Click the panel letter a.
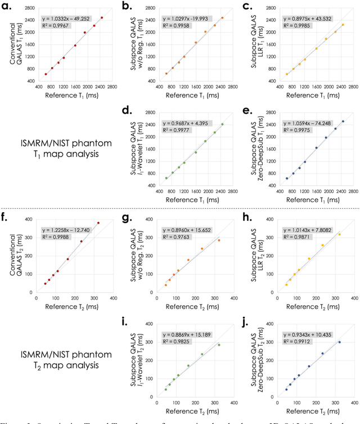tap(10, 7)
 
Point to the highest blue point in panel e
tap(343, 122)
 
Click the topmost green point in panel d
tap(222, 124)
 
